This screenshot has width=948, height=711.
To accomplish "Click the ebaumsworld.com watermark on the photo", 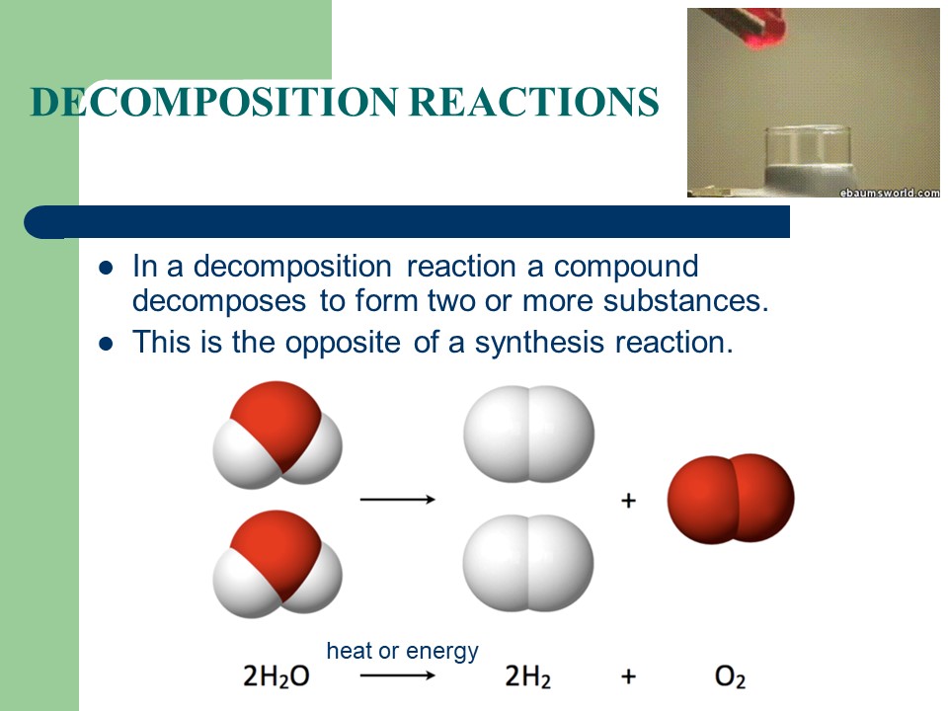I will pos(889,192).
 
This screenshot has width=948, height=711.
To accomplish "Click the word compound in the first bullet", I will pos(625,267).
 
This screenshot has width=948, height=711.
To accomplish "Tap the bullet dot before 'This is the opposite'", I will pos(108,343).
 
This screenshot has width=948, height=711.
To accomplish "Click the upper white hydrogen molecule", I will pos(529,434).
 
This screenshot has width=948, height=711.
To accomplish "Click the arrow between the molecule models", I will pos(398,499).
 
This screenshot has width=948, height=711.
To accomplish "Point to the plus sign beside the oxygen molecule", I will pos(628,501).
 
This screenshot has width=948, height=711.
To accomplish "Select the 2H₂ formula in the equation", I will pos(527,677).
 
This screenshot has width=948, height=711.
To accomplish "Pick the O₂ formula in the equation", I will pos(730,677).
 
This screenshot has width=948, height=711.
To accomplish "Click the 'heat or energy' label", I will pos(402,651).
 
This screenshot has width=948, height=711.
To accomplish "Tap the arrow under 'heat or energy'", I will pos(398,676).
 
